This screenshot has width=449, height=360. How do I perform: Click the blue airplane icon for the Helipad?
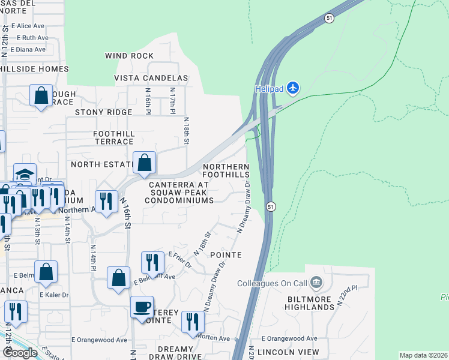(x=293, y=88)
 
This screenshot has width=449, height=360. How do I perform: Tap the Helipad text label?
(x=267, y=88)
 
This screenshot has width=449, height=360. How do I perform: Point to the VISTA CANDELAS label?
(x=151, y=78)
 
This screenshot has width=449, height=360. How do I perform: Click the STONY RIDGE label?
(x=103, y=112)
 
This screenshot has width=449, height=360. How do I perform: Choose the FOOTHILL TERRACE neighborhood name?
(x=113, y=137)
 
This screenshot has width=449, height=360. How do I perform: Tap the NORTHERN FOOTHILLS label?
(x=226, y=170)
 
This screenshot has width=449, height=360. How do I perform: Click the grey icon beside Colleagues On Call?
(x=318, y=282)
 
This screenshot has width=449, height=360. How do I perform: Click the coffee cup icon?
(x=142, y=307)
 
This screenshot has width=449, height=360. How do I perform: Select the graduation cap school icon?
(x=25, y=173)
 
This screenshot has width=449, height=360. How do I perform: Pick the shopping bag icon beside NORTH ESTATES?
(x=145, y=162)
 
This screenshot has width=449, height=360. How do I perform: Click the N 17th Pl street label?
(x=172, y=103)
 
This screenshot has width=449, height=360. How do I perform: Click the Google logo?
(x=20, y=353)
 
